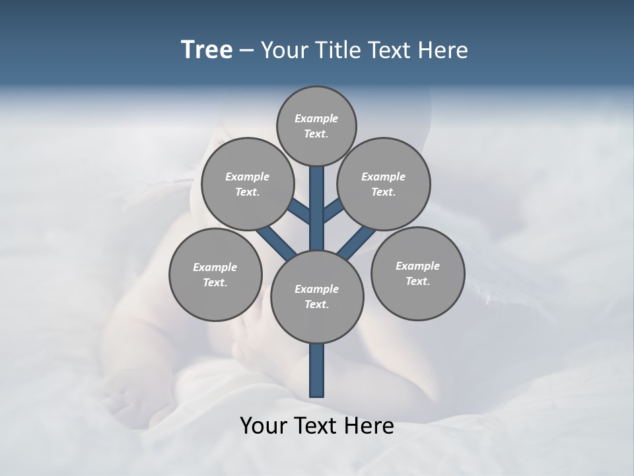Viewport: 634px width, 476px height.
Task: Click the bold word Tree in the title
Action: tap(207, 50)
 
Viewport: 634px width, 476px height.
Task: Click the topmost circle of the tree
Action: tap(316, 126)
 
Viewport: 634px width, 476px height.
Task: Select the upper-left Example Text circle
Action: tap(247, 184)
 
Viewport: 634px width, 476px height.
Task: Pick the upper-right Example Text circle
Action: tap(384, 184)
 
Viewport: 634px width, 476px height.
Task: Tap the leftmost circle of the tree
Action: tap(215, 274)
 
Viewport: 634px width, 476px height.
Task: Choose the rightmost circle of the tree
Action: tap(417, 273)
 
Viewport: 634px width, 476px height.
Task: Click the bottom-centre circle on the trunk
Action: tap(317, 297)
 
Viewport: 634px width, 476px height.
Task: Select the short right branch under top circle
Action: tap(333, 212)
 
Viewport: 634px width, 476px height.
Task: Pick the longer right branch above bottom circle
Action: tap(357, 241)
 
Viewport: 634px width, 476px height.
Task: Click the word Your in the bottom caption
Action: tap(263, 426)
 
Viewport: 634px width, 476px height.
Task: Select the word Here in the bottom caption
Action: tap(370, 426)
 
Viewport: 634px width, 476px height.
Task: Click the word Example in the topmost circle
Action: tap(316, 118)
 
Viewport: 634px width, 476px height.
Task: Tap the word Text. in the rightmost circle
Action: tap(417, 281)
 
